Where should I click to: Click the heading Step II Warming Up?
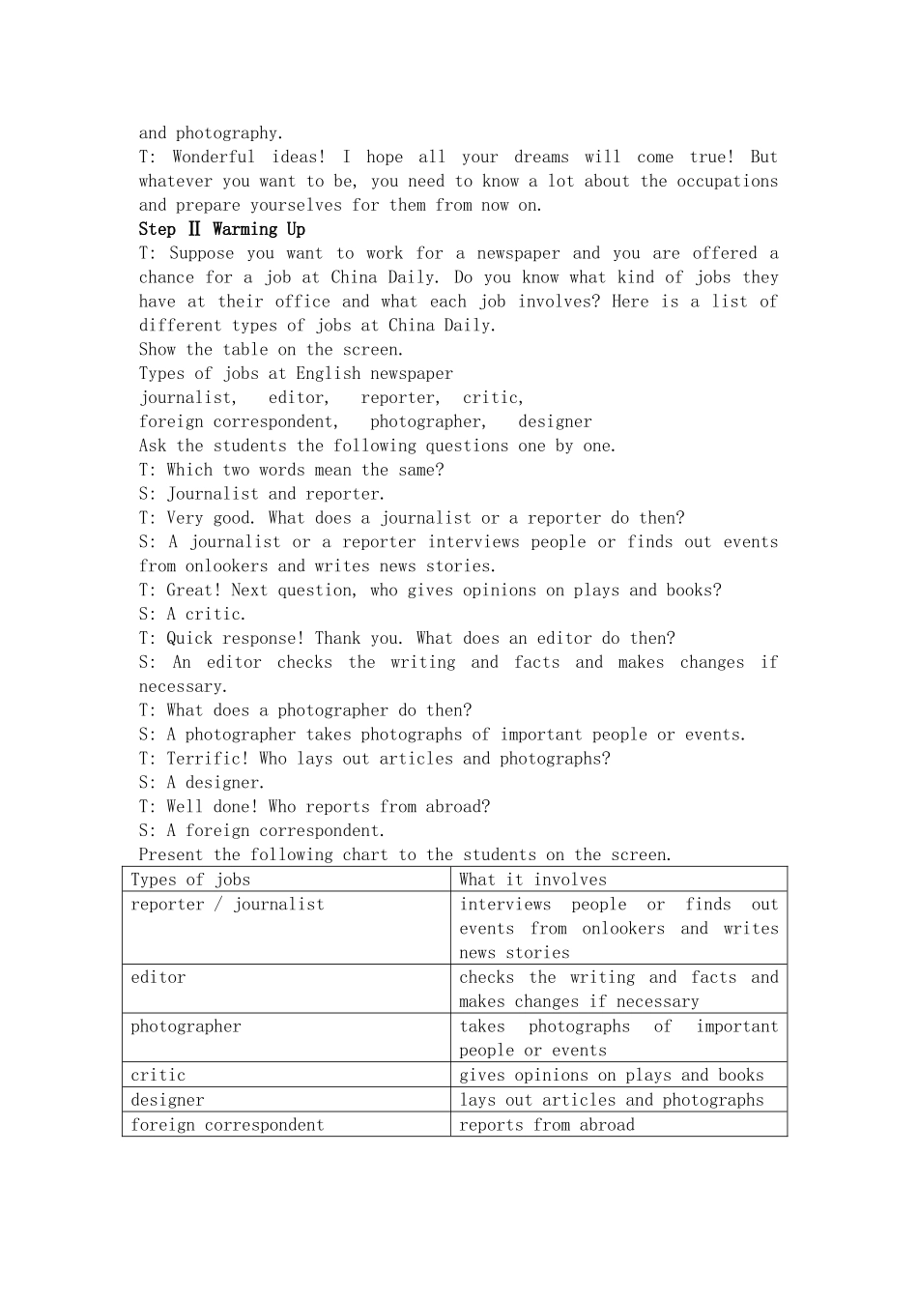221,229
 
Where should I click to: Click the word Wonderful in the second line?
214,157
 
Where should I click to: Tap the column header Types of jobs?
190,880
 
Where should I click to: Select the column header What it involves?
532,880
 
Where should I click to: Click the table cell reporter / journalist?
227,905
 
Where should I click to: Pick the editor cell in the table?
158,977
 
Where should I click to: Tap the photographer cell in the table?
186,1026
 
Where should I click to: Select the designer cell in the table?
167,1100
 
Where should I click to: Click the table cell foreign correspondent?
227,1125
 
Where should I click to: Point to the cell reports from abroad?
547,1125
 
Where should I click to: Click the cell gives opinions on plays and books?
611,1075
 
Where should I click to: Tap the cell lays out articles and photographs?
611,1100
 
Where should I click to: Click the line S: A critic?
192,614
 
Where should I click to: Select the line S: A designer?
201,783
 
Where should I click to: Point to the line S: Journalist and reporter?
261,494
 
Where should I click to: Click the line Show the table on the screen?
271,350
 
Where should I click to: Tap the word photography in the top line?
229,133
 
